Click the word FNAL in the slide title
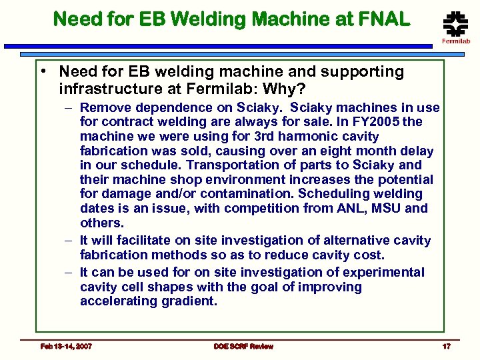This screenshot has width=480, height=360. pyautogui.click(x=383, y=19)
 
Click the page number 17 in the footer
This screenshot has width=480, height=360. pyautogui.click(x=446, y=346)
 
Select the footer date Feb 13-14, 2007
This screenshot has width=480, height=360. pyautogui.click(x=66, y=346)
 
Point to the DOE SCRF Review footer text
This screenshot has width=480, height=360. pyautogui.click(x=243, y=346)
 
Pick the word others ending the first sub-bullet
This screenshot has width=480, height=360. pyautogui.click(x=101, y=223)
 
